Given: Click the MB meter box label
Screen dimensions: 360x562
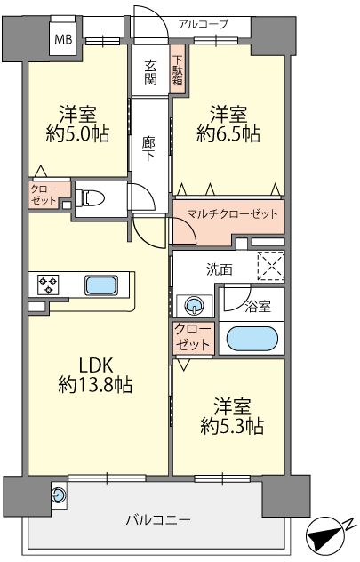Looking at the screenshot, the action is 63,39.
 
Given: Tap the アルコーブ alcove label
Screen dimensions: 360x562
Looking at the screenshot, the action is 203,24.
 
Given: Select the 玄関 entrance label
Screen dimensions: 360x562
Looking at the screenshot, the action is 150,73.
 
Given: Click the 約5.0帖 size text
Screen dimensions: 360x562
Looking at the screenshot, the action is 77,134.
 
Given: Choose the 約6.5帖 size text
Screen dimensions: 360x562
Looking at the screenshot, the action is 228,134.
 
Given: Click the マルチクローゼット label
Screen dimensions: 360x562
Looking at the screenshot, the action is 233,214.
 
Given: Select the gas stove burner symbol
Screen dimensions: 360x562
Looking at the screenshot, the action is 48,285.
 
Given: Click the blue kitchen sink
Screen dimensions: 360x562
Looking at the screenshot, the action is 101,285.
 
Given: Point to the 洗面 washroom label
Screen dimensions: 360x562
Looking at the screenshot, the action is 220,270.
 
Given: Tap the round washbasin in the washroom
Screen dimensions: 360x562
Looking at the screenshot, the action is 194,306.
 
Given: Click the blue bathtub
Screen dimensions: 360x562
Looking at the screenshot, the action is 252,339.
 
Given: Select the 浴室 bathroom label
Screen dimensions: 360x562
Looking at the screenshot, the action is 258,307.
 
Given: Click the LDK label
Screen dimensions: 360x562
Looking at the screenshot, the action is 96,366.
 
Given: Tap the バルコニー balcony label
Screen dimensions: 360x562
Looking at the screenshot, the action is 158,519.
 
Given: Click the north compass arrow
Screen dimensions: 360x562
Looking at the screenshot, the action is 324,534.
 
